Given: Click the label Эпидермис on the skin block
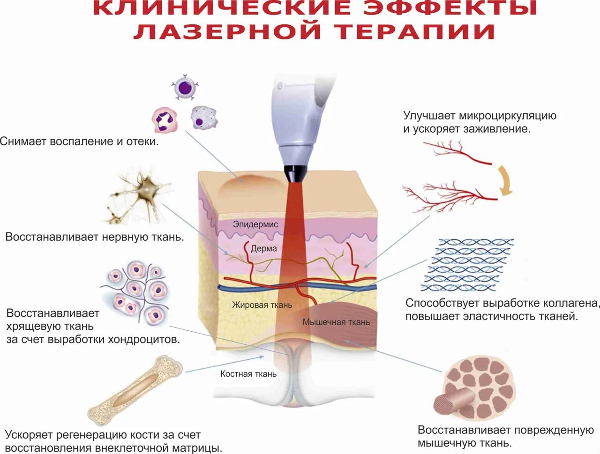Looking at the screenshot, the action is (x=255, y=224).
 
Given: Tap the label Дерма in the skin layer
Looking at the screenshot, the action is (x=263, y=249).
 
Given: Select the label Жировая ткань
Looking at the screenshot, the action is (x=262, y=305).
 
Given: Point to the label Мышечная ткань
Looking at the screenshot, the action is (x=336, y=322).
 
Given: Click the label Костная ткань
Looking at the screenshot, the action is (x=248, y=374).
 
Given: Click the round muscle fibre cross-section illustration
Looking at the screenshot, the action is (x=473, y=388).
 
